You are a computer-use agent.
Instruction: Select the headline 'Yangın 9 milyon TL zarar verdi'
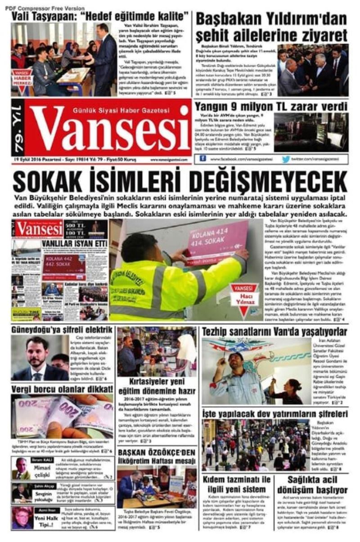click(x=271, y=106)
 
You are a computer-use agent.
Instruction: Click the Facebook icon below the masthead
click(x=203, y=159)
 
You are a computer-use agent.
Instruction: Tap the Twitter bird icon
click(x=286, y=159)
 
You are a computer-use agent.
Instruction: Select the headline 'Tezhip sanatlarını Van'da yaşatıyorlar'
click(x=274, y=332)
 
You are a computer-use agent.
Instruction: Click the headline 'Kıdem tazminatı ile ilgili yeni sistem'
click(x=236, y=484)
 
